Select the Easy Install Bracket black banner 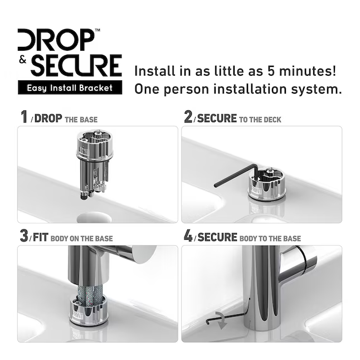pos(70,87)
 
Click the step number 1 pos(23,117)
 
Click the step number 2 pos(188,117)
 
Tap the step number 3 pos(23,236)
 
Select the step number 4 pos(188,236)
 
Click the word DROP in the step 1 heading pos(48,118)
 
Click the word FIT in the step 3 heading pos(40,237)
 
